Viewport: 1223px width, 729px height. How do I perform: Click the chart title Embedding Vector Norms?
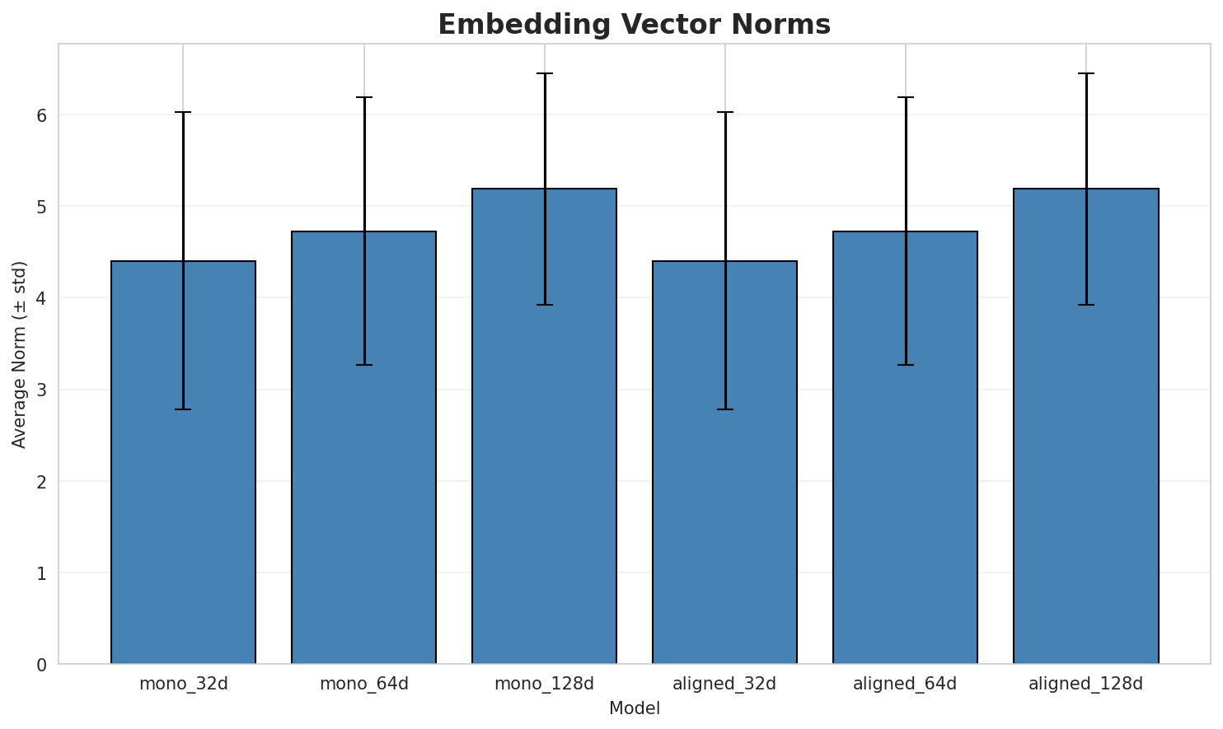(x=634, y=25)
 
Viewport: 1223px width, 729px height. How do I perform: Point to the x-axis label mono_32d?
(x=183, y=684)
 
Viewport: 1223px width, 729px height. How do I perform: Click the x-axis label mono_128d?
(x=544, y=684)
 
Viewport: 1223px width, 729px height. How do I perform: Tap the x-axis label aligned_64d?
(x=905, y=684)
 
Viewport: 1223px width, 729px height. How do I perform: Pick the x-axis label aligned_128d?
(x=1085, y=684)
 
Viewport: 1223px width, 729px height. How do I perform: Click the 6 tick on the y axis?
(x=40, y=115)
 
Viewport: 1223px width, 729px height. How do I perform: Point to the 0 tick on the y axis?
(x=40, y=665)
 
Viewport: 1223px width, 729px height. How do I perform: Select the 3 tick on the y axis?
(x=40, y=390)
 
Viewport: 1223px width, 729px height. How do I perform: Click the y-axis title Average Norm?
(x=20, y=354)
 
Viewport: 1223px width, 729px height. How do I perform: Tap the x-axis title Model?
(x=634, y=709)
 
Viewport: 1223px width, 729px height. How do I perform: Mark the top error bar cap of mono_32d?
(x=183, y=112)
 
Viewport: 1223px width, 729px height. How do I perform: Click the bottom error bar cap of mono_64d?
(x=363, y=365)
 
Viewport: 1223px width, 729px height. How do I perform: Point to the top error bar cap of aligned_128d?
(x=1085, y=73)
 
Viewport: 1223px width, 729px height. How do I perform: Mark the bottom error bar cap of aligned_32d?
(x=724, y=409)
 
